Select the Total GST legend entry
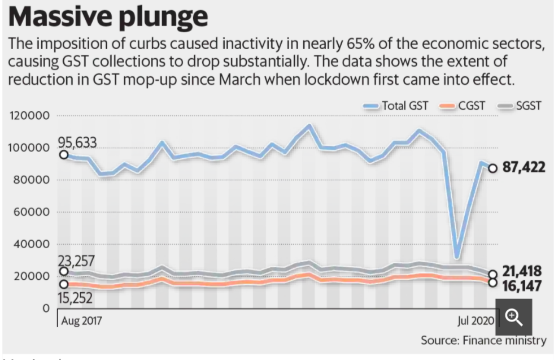[402, 105]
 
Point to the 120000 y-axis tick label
[29, 116]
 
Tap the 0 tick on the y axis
[46, 309]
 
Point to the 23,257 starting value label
[76, 261]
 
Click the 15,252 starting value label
[76, 298]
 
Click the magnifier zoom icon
[514, 317]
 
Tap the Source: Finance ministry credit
[483, 340]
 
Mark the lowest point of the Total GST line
[457, 258]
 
